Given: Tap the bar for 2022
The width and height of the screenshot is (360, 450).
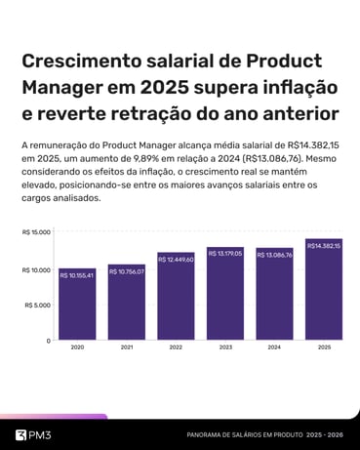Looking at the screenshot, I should tap(176, 297).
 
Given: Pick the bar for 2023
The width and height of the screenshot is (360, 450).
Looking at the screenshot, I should tap(225, 294).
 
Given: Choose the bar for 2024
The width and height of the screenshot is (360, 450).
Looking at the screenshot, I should tap(275, 295).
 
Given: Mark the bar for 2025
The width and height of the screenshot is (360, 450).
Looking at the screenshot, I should tap(324, 290).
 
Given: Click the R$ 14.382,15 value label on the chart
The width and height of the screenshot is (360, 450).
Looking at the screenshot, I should tap(324, 246).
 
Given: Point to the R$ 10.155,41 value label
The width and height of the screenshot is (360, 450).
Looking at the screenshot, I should tap(77, 275).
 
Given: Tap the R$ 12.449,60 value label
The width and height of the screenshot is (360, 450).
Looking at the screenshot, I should tap(176, 259).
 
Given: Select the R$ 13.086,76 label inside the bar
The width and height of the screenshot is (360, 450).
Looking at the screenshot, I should tap(275, 254).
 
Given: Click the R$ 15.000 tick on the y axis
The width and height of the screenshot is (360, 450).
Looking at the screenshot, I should tap(36, 232).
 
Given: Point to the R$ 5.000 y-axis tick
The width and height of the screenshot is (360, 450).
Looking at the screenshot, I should tap(37, 305).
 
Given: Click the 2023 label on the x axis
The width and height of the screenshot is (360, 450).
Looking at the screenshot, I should tap(225, 348).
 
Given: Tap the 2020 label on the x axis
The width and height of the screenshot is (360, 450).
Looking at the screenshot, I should tap(77, 348).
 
